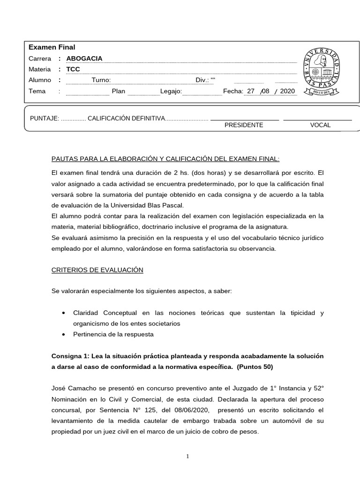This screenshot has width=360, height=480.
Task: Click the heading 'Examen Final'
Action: [x=52, y=47]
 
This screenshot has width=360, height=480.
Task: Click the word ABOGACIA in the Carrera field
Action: [x=84, y=59]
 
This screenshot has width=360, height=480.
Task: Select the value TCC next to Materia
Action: [x=73, y=69]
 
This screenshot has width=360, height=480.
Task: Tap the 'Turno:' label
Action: [x=101, y=80]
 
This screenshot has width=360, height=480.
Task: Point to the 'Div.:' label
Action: [x=202, y=80]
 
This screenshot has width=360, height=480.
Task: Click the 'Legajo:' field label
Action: [x=171, y=91]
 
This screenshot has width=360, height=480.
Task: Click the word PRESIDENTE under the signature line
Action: [x=244, y=125]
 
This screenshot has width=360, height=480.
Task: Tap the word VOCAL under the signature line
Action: [x=320, y=125]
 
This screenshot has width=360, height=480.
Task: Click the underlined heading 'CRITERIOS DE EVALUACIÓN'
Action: [x=97, y=270]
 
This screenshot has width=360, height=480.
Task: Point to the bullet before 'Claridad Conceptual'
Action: [x=63, y=313]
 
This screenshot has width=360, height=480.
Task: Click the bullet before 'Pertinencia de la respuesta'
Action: [x=63, y=334]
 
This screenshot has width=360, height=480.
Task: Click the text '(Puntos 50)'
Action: [x=255, y=367]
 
